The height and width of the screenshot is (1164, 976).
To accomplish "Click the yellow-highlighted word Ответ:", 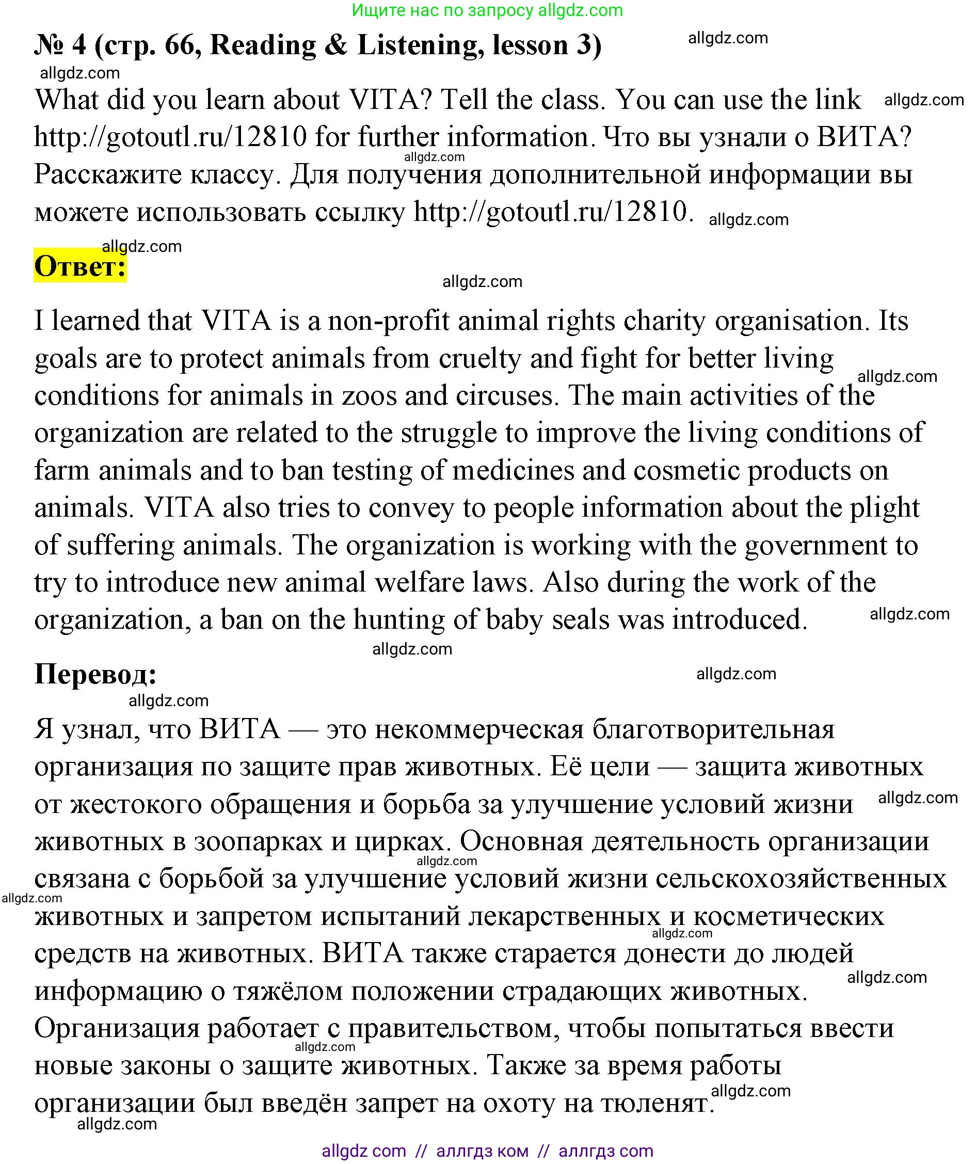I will pyautogui.click(x=81, y=267).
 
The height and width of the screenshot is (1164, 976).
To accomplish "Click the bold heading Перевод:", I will pyautogui.click(x=96, y=675).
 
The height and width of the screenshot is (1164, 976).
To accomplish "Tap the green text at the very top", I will pyautogui.click(x=487, y=10).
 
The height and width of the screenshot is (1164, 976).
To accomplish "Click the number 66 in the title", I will pyautogui.click(x=180, y=45).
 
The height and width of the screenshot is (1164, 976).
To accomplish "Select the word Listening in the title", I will pyautogui.click(x=418, y=45).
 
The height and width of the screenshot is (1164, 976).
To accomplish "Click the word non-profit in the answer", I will pyautogui.click(x=389, y=321).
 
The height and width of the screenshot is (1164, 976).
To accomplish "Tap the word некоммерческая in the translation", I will pyautogui.click(x=479, y=730).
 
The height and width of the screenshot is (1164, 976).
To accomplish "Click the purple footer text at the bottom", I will pyautogui.click(x=487, y=1151).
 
